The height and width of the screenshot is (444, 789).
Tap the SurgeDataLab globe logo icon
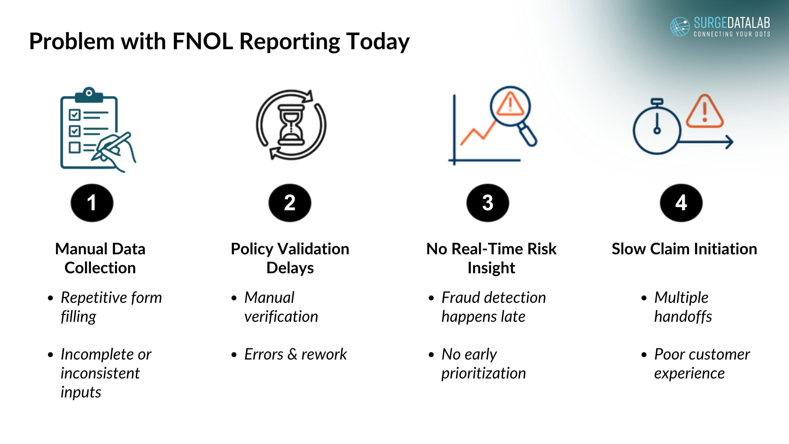pos(680,27)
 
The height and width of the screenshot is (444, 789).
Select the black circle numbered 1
pos(92,203)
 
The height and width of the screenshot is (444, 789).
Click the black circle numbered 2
pos(290,203)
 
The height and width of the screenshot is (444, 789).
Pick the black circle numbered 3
pos(488,203)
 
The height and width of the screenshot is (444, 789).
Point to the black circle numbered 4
pos(681,203)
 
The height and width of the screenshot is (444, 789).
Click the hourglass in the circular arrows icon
pos(291,125)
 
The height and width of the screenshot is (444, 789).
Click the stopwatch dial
pos(657,130)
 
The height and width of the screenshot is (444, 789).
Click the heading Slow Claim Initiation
pos(684,249)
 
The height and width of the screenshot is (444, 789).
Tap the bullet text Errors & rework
pos(295,354)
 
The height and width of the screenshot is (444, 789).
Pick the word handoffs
pos(683,317)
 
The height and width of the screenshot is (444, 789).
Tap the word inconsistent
pos(100,373)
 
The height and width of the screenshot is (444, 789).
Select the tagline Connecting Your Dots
pos(732,34)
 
